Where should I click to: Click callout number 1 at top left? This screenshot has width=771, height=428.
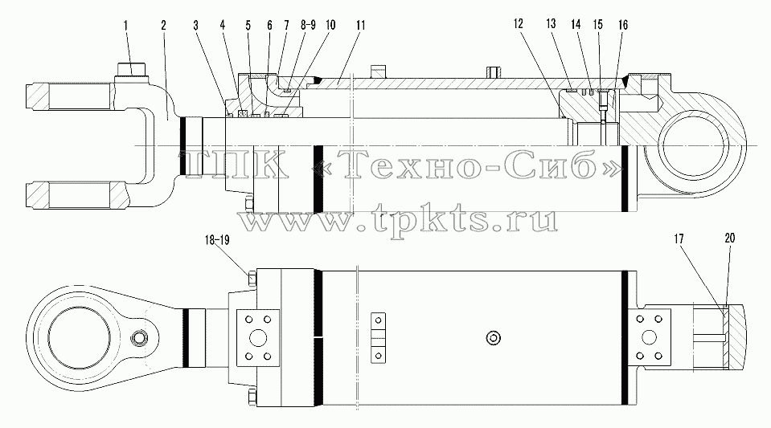[125, 25]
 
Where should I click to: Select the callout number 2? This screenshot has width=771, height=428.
[163, 25]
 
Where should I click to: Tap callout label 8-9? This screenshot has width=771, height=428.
[308, 25]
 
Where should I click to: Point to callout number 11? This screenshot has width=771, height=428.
[361, 25]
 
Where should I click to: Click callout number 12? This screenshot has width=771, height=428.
[519, 23]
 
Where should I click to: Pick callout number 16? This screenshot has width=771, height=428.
[623, 25]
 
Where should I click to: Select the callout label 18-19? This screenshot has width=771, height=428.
[217, 240]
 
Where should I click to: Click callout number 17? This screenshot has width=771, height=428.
[679, 239]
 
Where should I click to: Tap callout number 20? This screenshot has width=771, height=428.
[730, 238]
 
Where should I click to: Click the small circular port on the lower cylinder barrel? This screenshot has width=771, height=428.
[493, 337]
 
